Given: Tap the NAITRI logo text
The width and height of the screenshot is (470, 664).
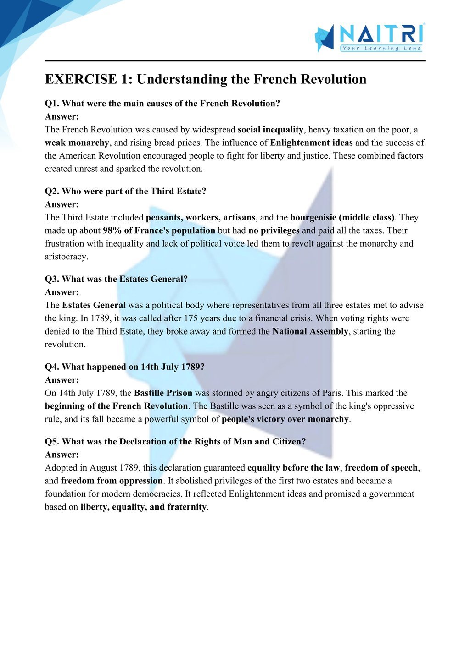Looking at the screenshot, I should click(x=381, y=34).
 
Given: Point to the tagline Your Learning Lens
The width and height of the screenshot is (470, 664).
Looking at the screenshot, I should click(x=381, y=48).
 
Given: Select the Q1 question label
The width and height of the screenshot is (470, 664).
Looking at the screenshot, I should click(x=52, y=104).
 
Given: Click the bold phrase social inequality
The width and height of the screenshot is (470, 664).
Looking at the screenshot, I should click(x=270, y=130).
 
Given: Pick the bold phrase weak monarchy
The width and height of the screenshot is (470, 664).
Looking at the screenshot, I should click(x=77, y=143).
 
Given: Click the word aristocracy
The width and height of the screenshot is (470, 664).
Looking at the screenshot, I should click(x=66, y=257).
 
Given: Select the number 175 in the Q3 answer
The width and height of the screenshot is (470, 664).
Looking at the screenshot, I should click(x=191, y=318).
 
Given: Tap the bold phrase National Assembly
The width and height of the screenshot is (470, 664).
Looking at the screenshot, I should click(x=310, y=331).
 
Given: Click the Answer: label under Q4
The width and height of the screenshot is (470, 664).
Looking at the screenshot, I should click(x=62, y=380).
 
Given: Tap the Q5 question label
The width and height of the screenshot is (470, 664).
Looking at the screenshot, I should click(x=52, y=442).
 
